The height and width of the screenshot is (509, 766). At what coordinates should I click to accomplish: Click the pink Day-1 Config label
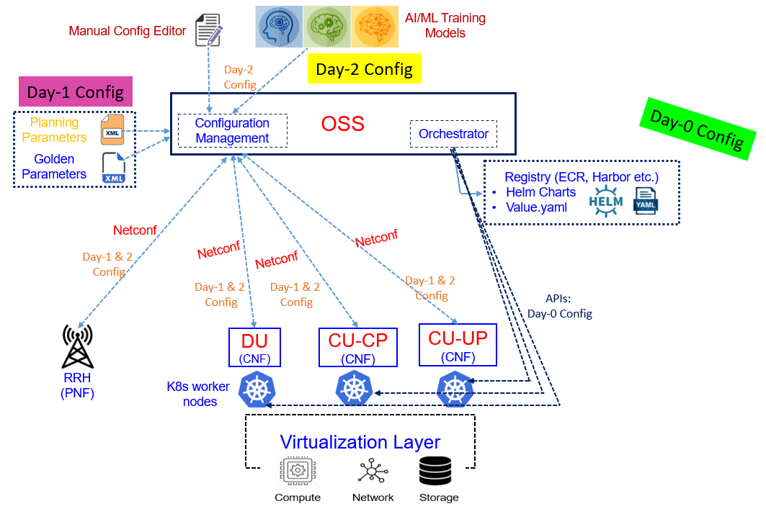75,92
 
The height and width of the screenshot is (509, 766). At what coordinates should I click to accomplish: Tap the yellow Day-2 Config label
364,69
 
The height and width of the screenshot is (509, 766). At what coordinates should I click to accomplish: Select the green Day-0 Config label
697,127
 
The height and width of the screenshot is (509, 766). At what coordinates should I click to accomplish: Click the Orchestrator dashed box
453,134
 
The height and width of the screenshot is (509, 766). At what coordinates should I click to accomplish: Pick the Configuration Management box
232,130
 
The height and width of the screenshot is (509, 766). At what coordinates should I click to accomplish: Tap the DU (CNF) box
254,347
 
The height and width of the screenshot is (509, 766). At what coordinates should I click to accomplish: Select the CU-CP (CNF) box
357,347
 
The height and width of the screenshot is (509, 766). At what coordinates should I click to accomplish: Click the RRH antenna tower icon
77,346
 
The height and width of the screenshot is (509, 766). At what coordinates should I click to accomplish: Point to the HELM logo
605,201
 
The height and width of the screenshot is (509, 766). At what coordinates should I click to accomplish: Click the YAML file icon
645,201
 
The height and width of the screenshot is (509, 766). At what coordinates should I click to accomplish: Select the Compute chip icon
296,472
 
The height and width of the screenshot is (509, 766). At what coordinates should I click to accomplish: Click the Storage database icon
438,471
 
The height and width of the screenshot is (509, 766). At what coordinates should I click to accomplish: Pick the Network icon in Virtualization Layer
372,472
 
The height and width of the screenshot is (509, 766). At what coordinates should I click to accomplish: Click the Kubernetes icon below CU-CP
354,389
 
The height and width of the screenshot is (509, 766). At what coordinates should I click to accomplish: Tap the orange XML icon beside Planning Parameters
112,130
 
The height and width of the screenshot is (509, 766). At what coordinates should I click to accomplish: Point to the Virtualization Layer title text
360,441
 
